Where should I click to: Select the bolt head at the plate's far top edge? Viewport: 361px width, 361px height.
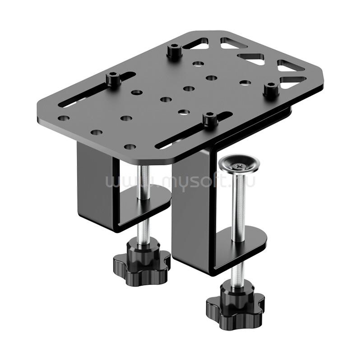click(174, 52)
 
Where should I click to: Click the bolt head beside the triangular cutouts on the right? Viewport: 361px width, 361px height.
click(271, 92)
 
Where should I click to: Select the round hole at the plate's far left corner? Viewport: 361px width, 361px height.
click(64, 118)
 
